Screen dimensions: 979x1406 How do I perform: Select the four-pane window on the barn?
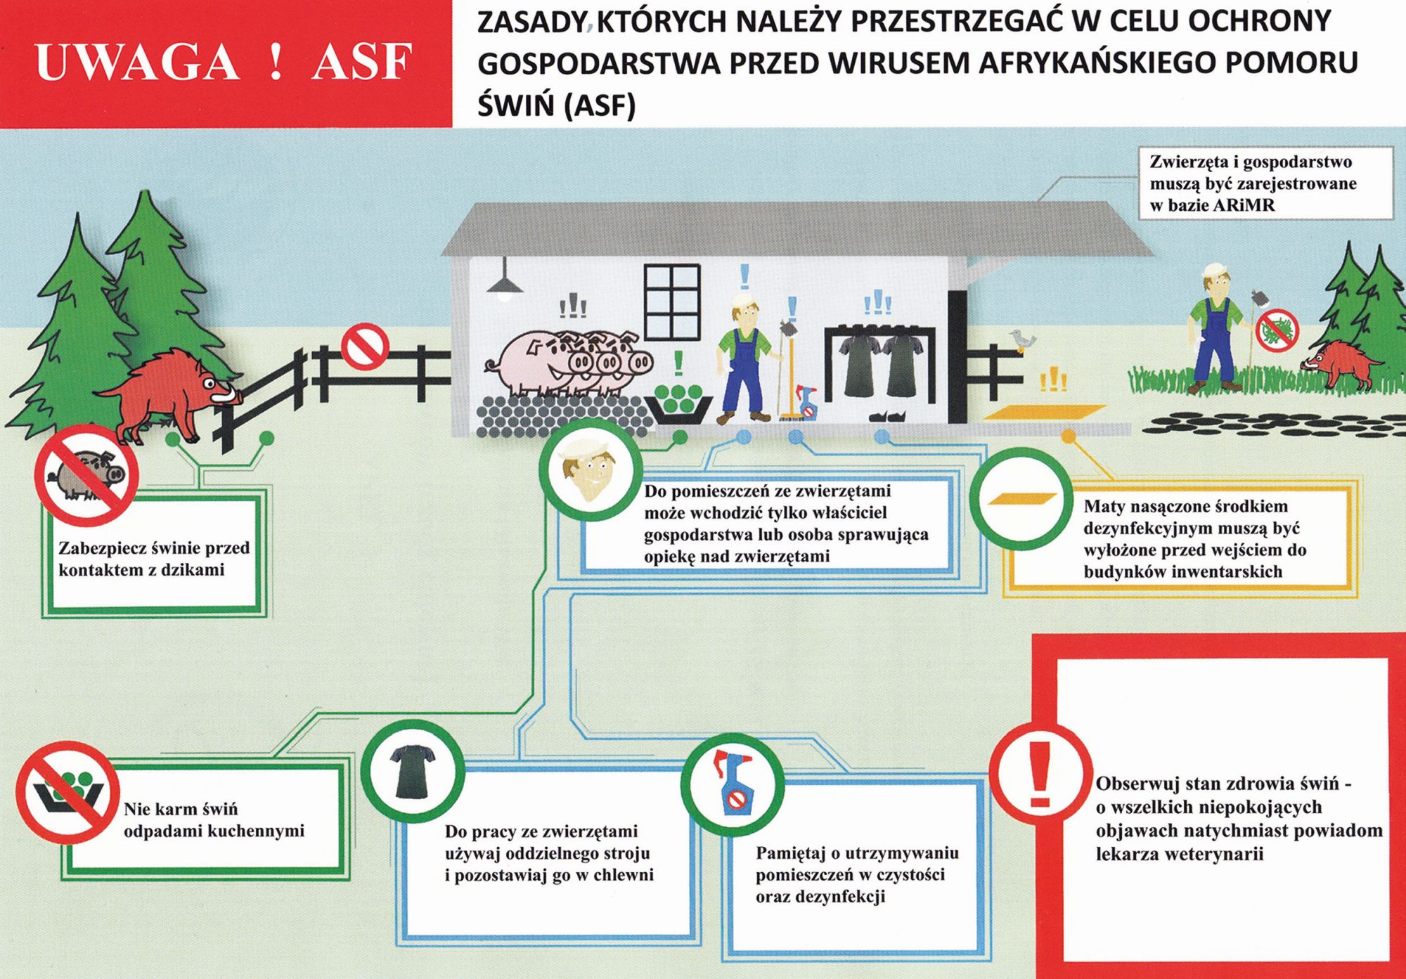click(673, 297)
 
